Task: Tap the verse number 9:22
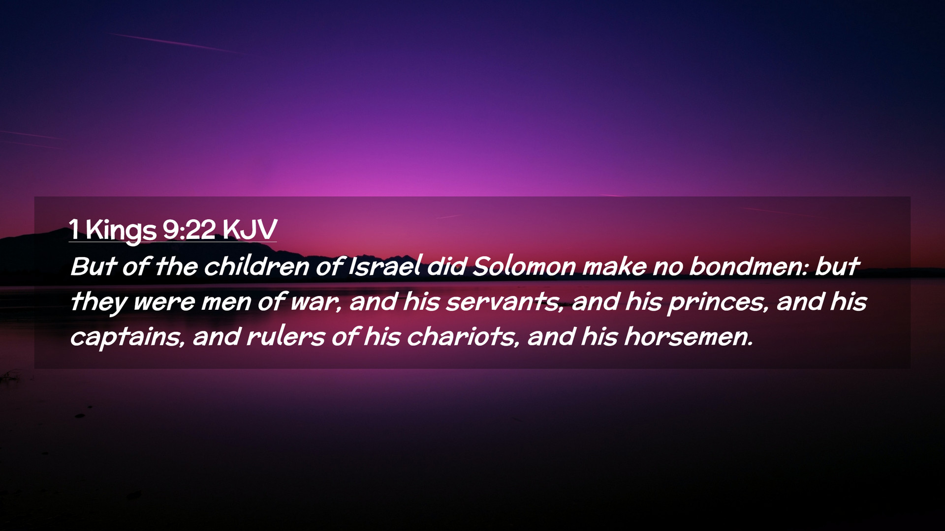pyautogui.click(x=189, y=229)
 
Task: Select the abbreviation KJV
pyautogui.click(x=250, y=229)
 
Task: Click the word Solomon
pyautogui.click(x=524, y=266)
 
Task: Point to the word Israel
pyautogui.click(x=384, y=266)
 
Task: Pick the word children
pyautogui.click(x=256, y=266)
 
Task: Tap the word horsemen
pyautogui.click(x=689, y=337)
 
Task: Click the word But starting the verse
pyautogui.click(x=93, y=266)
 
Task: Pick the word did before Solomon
pyautogui.click(x=447, y=266)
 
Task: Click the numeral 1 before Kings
pyautogui.click(x=74, y=230)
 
